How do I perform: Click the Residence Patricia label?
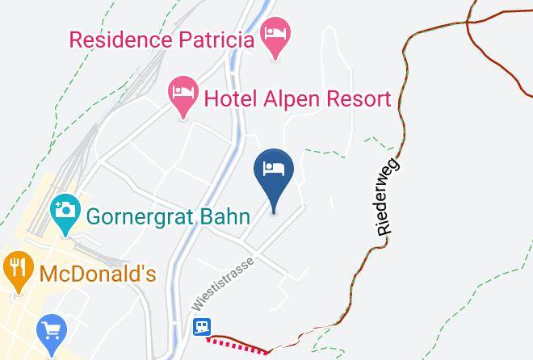click(x=162, y=39)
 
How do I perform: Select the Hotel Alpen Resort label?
click(x=297, y=99)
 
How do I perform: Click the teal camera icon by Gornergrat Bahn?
click(x=63, y=211)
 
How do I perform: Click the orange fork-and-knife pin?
click(x=16, y=269)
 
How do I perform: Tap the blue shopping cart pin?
click(x=50, y=329)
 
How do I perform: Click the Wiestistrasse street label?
click(x=224, y=285)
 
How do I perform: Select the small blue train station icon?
click(x=202, y=326)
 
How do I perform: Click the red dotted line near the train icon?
click(x=237, y=344)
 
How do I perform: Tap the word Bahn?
click(x=240, y=216)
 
